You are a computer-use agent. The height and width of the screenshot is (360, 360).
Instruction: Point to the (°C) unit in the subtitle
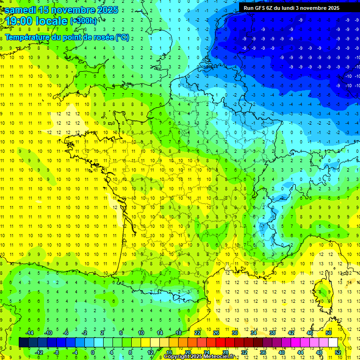tap(122, 37)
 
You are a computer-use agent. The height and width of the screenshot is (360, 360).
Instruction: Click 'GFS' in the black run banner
tap(260, 8)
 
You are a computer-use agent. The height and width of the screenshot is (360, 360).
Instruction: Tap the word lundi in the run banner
tap(293, 8)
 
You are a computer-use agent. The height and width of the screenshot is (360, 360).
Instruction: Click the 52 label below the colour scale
tap(338, 352)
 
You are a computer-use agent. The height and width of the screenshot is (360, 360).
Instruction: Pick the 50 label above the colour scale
tap(328, 333)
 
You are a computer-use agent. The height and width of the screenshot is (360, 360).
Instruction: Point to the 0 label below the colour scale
tap(93, 352)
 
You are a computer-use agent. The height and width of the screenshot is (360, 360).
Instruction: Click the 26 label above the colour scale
tap(216, 333)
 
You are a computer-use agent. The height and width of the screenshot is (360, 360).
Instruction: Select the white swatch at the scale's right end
tap(333, 342)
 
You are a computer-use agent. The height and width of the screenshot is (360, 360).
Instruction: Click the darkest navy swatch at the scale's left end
tap(23, 342)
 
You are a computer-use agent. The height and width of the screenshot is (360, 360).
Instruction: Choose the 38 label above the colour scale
tap(272, 333)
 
